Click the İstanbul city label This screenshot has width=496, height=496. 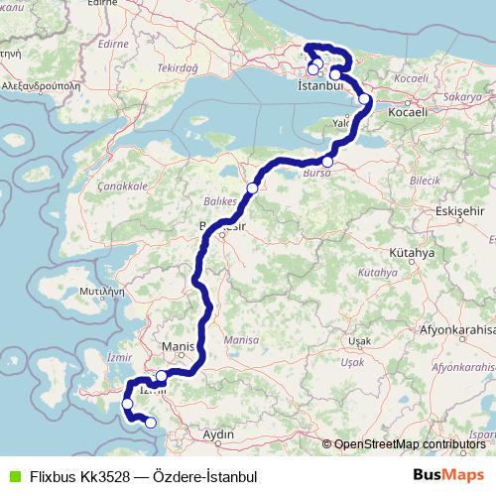(x=319, y=86)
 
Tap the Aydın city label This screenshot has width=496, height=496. (x=217, y=434)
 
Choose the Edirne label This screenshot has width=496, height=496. (x=115, y=44)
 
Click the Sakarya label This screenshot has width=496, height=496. (x=462, y=98)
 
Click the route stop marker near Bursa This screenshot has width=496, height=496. (x=327, y=162)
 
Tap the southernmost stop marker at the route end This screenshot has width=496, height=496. (x=151, y=423)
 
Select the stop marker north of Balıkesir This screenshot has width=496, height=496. (x=252, y=187)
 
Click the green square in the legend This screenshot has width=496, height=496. (x=11, y=476)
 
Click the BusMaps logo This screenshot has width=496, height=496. (x=448, y=475)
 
